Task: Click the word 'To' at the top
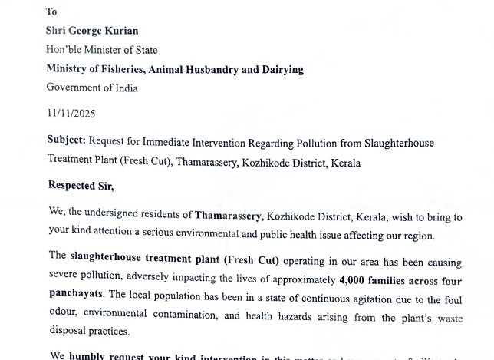click(52, 12)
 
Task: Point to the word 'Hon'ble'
click(64, 50)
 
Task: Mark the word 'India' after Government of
click(123, 88)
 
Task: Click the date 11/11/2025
click(71, 113)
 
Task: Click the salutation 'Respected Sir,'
click(81, 185)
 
